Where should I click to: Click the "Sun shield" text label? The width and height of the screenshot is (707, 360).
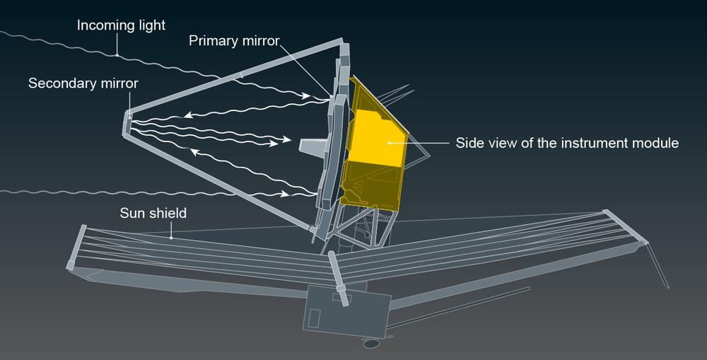click(153, 212)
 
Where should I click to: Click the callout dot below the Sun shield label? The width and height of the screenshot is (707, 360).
click(171, 238)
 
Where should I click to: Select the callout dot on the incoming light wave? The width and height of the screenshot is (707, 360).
click(117, 54)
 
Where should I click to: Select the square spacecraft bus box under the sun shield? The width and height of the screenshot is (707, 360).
click(346, 311)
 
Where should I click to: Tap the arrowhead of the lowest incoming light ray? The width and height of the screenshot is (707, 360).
click(287, 193)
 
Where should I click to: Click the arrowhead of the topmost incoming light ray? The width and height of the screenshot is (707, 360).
click(308, 95)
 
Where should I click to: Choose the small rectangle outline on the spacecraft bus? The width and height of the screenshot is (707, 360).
click(315, 317)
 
